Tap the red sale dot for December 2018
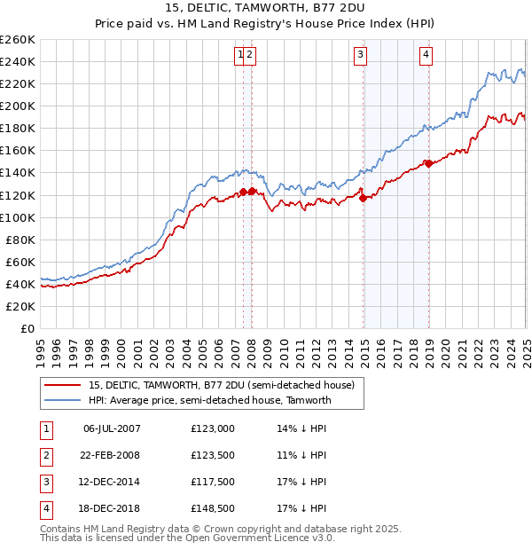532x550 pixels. (x=428, y=163)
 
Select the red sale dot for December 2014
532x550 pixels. (x=364, y=198)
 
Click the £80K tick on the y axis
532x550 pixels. (x=21, y=240)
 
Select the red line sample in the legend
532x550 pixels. (x=62, y=385)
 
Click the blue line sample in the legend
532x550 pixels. (x=62, y=400)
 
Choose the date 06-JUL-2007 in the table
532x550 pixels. (x=112, y=428)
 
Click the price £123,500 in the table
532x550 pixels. (x=213, y=455)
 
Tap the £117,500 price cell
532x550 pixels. (x=213, y=482)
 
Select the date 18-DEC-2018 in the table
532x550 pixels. (x=112, y=508)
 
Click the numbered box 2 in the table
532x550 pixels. (x=44, y=455)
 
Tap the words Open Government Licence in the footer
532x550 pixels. (x=254, y=538)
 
